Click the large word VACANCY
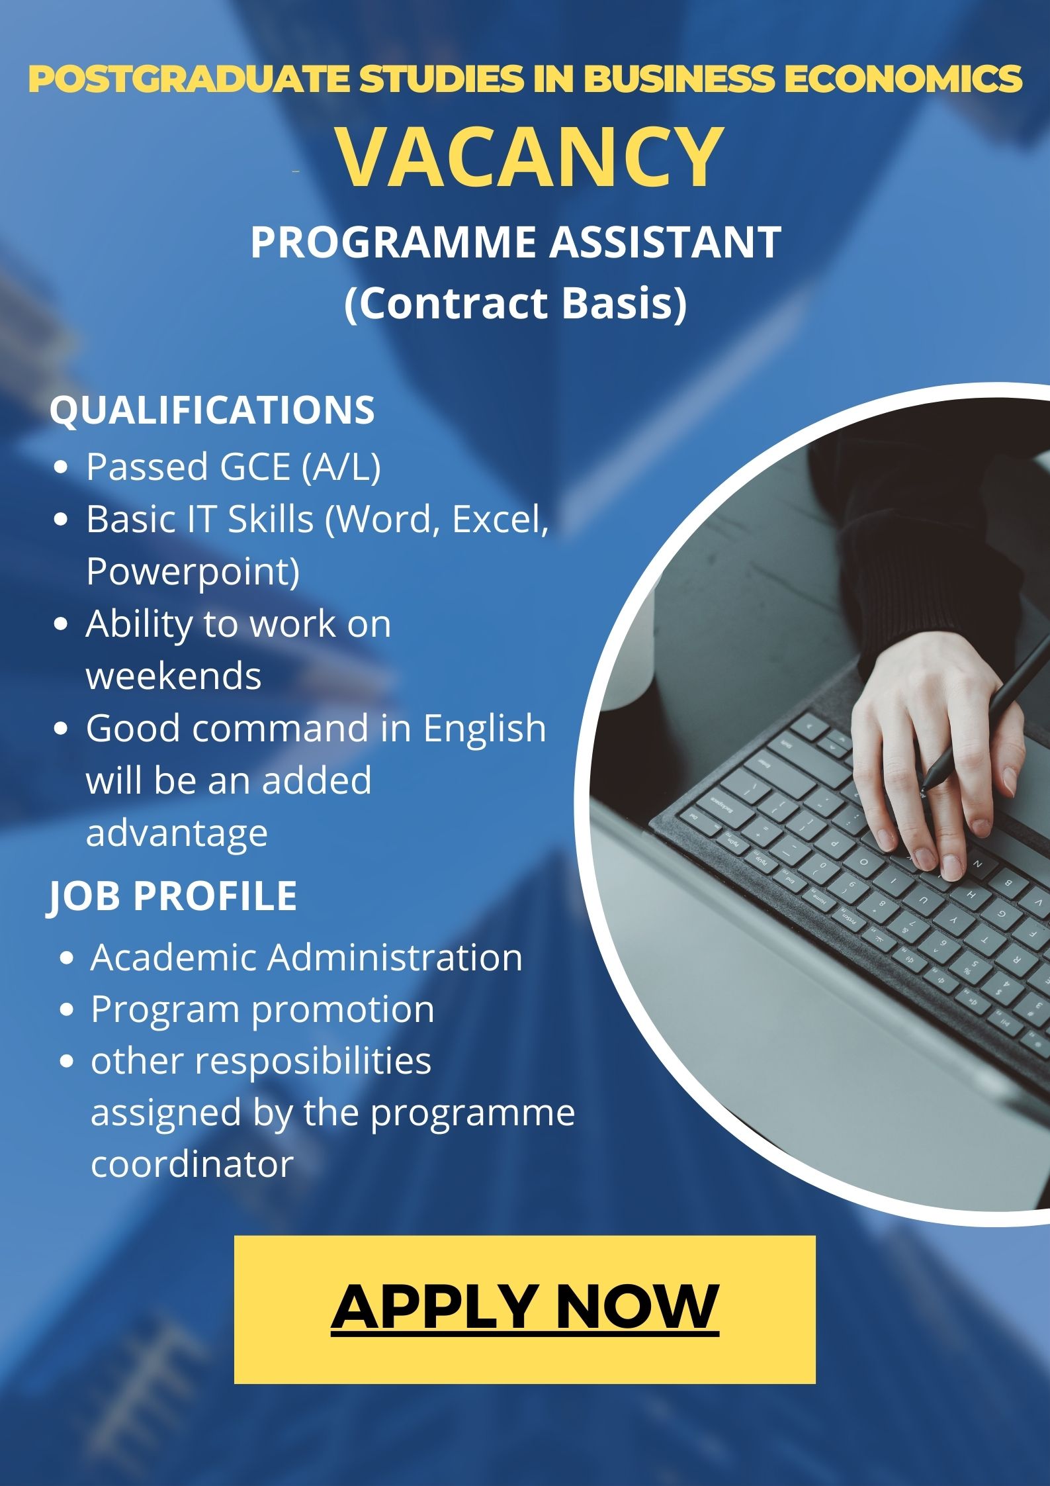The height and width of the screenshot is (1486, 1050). pos(530,157)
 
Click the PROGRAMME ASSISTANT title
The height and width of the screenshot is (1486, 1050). pos(516,242)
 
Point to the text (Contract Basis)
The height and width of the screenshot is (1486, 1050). pos(516,304)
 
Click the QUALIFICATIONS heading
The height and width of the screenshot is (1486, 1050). pos(212,410)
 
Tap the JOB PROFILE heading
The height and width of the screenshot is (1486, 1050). pos(173,896)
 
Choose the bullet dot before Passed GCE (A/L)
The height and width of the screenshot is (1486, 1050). pos(62,468)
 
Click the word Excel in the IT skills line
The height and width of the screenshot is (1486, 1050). pos(500,520)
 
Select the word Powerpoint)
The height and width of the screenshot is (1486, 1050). pos(193,571)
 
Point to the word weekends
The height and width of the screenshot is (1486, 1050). pos(173,676)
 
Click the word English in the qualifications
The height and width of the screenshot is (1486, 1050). pos(484,729)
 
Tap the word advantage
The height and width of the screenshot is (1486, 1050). pos(177,833)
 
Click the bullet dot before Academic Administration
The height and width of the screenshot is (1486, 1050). pos(66,959)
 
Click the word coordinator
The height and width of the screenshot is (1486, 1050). pos(192,1165)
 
